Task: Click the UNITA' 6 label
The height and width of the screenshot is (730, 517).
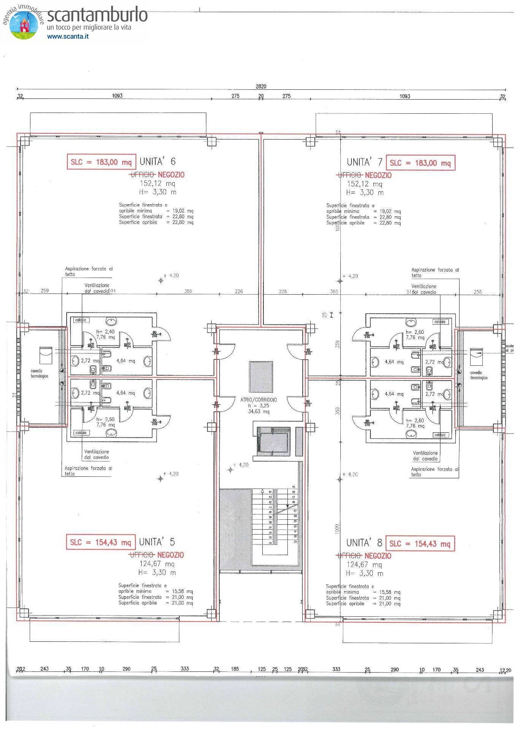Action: coord(157,162)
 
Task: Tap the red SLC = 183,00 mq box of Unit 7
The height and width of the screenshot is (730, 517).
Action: coord(420,163)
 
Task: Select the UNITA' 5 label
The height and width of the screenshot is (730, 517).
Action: coord(156,542)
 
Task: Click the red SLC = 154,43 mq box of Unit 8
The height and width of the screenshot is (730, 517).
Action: coord(420,544)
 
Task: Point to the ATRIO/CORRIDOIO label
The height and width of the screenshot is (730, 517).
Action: coord(258,400)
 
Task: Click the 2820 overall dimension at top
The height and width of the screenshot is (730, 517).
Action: coord(261,86)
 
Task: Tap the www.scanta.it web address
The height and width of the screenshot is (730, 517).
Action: coord(68,37)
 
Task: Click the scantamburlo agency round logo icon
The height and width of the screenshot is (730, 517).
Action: coord(24,25)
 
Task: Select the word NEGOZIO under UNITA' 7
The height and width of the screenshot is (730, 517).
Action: coord(378,175)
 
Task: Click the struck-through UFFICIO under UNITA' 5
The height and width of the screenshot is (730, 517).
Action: coord(142,555)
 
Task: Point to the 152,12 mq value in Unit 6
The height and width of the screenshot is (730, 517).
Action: coord(157,184)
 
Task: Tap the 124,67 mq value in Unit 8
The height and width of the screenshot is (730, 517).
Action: coord(364,565)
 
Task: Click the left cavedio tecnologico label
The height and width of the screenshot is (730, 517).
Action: coord(39,373)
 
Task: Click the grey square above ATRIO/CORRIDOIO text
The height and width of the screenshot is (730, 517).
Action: coord(261,377)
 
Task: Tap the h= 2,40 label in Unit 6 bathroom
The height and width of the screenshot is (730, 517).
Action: coord(105,332)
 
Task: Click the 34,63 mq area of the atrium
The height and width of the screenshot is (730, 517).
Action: coord(258,411)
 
